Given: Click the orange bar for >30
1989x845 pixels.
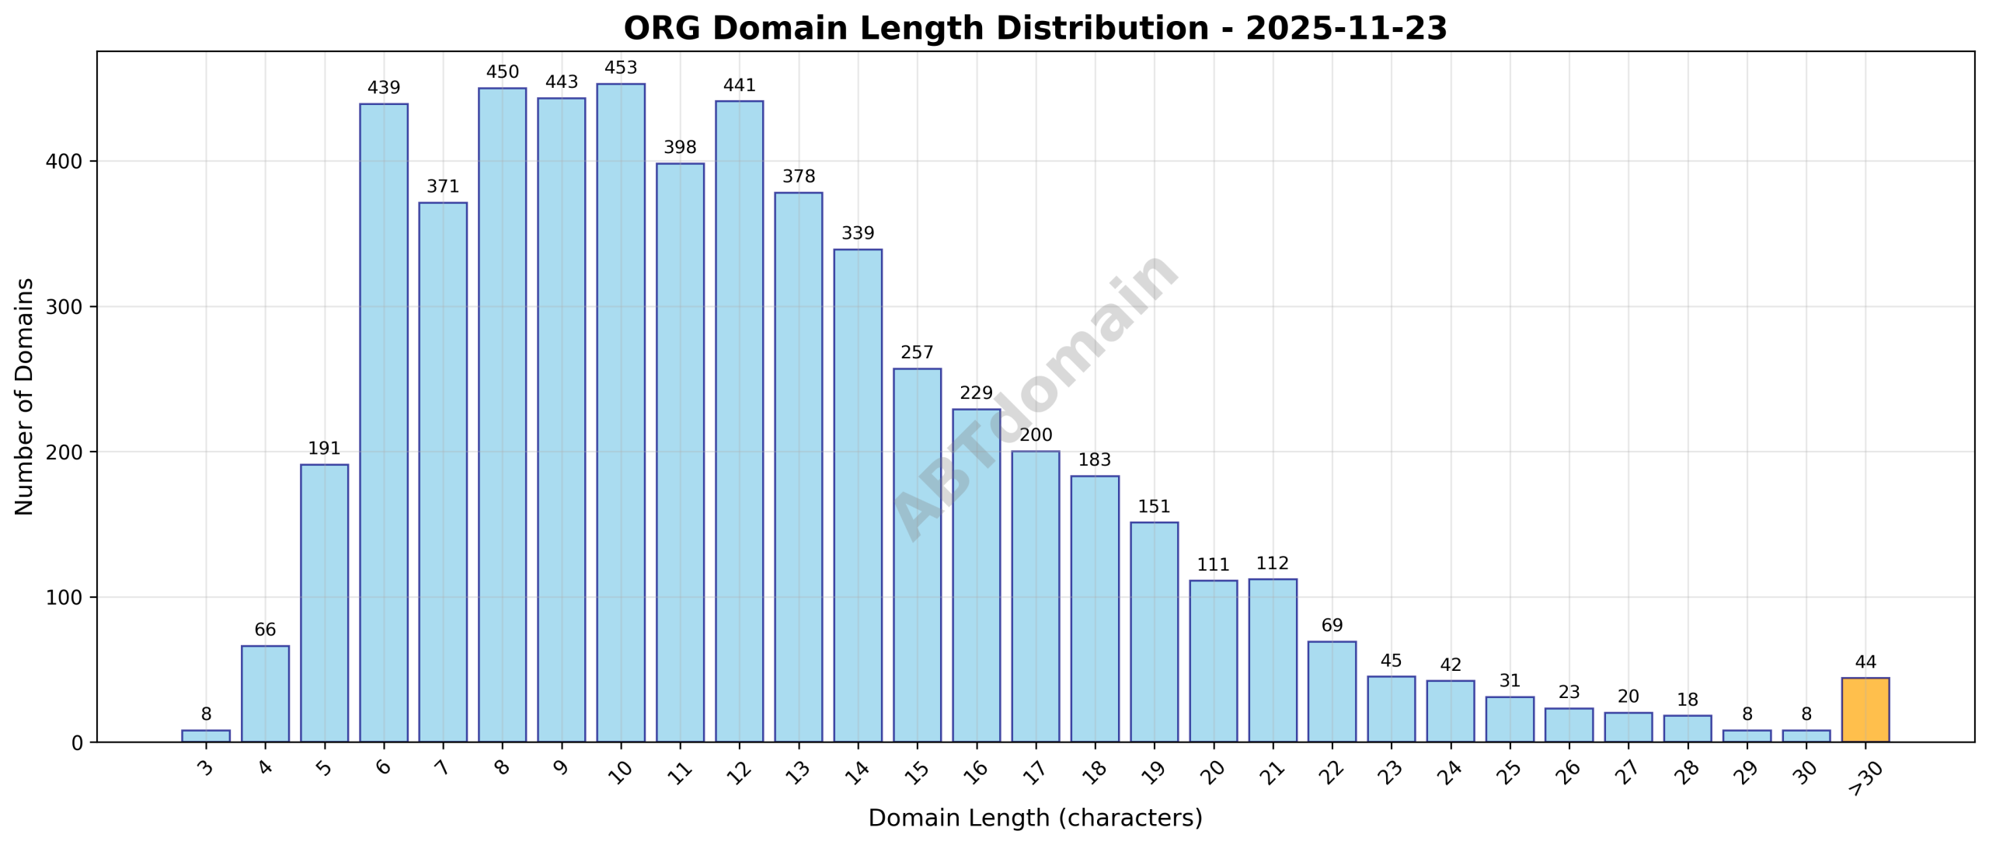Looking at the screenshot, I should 1865,710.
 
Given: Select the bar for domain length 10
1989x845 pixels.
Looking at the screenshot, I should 621,412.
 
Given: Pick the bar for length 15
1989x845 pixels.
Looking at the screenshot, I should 917,555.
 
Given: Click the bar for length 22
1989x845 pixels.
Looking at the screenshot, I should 1332,691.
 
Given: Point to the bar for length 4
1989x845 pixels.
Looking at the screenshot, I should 265,693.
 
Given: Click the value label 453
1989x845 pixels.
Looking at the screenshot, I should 621,68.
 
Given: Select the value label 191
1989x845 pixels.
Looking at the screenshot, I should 324,449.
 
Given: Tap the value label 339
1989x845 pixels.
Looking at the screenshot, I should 858,233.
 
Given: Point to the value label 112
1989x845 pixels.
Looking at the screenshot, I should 1273,563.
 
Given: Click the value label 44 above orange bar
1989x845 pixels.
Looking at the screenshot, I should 1865,662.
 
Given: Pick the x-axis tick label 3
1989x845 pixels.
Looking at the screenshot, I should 206,768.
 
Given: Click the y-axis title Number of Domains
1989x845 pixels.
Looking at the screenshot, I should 25,396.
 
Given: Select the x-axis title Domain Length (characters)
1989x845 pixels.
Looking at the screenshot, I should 1035,819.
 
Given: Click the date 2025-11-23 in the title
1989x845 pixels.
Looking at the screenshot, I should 1346,29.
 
